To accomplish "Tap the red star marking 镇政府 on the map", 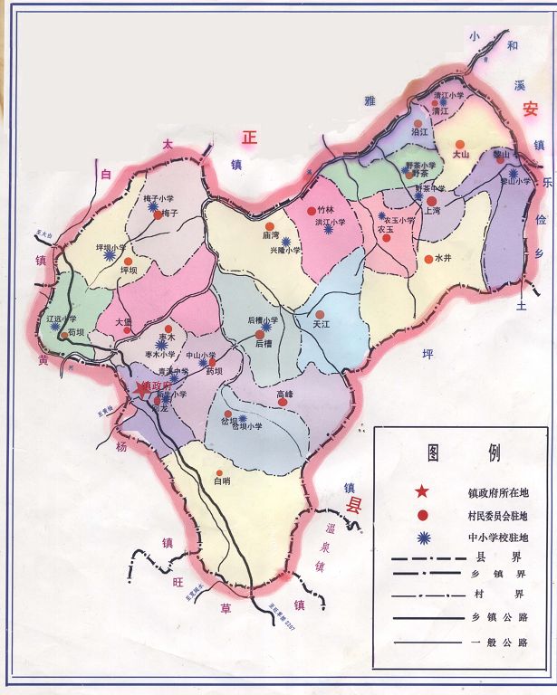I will click(x=140, y=387).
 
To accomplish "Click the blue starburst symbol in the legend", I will click(x=421, y=538).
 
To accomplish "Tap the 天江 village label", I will click(x=322, y=324).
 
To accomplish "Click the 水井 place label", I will click(x=443, y=259).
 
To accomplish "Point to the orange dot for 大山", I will click(x=460, y=144).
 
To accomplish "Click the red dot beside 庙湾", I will click(x=269, y=226).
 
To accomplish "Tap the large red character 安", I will click(x=530, y=109).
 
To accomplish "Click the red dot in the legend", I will click(x=421, y=515).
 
